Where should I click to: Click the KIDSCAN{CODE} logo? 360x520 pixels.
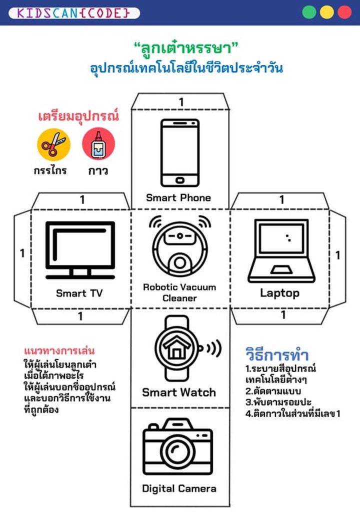coord(75,12)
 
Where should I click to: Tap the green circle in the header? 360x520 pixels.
coord(309,12)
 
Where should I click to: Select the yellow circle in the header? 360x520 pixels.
coord(327,12)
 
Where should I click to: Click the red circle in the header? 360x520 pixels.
coord(344,12)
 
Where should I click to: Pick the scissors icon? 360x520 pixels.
coord(53,144)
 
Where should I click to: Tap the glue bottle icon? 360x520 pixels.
coord(98,144)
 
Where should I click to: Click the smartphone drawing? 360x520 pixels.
coord(179,152)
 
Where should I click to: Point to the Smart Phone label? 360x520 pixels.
coord(178,197)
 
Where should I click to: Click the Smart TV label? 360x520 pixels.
coord(80,293)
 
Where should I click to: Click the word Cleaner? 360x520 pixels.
coord(179,298)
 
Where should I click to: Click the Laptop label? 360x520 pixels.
coord(279,293)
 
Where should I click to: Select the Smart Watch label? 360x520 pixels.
coord(178,392)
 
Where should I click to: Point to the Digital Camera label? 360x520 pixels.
coord(179,488)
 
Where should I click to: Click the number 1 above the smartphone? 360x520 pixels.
coord(181,102)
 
